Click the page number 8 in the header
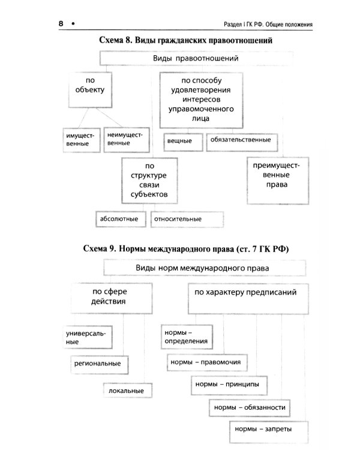click(x=61, y=23)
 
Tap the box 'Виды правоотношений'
click(x=196, y=59)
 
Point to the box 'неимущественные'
click(x=125, y=139)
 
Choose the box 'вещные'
click(x=183, y=140)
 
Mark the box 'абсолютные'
click(x=120, y=219)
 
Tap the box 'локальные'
click(x=124, y=391)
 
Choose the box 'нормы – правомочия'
click(x=205, y=362)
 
